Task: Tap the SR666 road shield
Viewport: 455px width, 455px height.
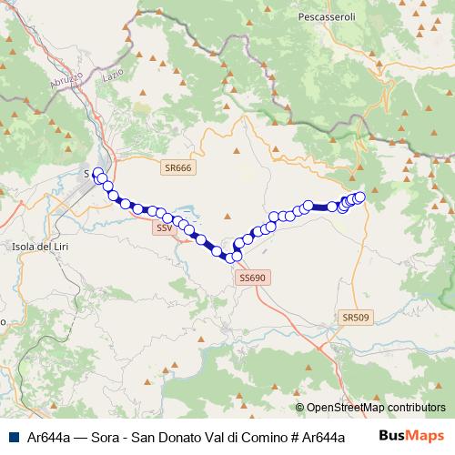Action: click(x=178, y=167)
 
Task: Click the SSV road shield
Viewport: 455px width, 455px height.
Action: click(x=164, y=227)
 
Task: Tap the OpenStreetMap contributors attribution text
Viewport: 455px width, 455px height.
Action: click(x=376, y=408)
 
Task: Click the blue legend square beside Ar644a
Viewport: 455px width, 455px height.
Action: click(x=14, y=437)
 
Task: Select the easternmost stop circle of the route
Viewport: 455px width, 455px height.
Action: click(x=359, y=197)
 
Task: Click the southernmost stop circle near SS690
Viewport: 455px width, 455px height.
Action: click(x=228, y=258)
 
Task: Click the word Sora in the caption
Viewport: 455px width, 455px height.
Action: click(x=104, y=437)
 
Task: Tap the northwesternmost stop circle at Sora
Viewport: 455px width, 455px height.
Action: click(x=98, y=172)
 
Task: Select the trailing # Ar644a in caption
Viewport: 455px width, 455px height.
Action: click(x=316, y=437)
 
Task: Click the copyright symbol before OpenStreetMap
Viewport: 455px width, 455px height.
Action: click(x=300, y=408)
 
